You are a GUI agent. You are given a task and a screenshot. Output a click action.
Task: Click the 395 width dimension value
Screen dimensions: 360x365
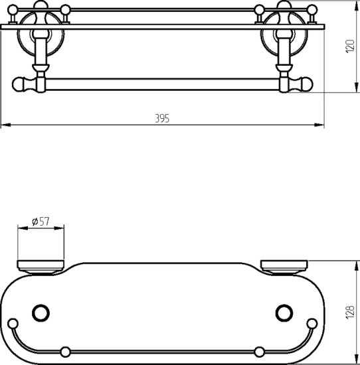coord(162,119)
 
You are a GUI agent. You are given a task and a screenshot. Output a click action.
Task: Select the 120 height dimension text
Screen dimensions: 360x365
coord(350,46)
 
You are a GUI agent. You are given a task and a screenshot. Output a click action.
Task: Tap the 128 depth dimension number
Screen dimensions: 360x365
coord(350,312)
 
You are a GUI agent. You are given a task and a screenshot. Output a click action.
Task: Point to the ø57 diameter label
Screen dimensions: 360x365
coord(41,222)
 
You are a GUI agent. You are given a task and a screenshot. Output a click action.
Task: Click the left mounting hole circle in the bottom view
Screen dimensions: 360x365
coord(41,313)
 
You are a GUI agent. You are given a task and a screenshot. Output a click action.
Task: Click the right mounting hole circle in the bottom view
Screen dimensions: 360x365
coord(284,313)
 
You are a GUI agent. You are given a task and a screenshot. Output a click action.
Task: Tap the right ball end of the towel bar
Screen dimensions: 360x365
coord(306,84)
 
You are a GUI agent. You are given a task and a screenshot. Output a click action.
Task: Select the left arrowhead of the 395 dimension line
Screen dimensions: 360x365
coord(6,125)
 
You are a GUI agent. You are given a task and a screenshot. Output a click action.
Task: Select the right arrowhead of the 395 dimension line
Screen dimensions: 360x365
coord(319,125)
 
